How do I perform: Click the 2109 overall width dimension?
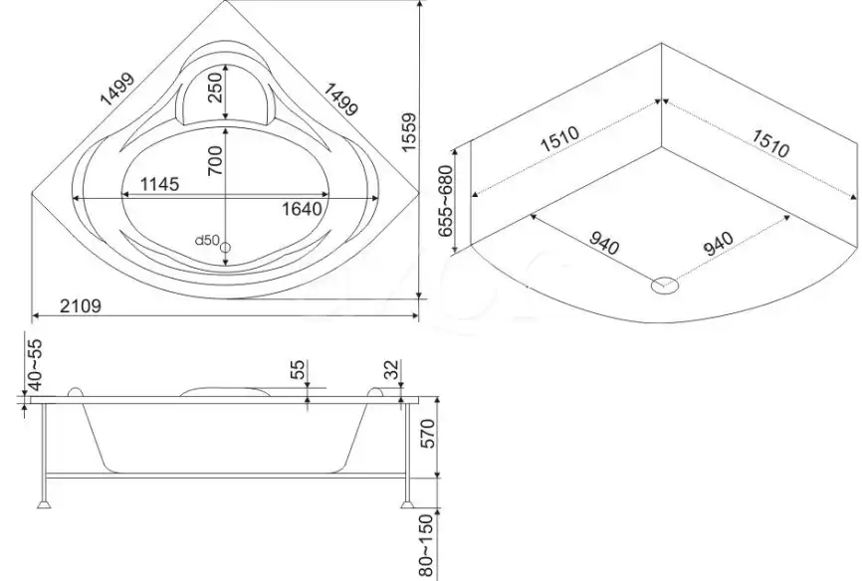pyautogui.click(x=81, y=305)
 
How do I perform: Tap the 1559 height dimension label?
pyautogui.click(x=411, y=132)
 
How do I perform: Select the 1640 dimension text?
pyautogui.click(x=302, y=209)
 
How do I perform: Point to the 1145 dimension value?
pyautogui.click(x=159, y=184)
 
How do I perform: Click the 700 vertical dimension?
pyautogui.click(x=215, y=160)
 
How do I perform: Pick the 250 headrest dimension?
pyautogui.click(x=215, y=88)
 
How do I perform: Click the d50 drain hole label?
pyautogui.click(x=208, y=240)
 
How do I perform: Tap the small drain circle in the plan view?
pyautogui.click(x=225, y=248)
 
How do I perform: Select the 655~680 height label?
pyautogui.click(x=446, y=201)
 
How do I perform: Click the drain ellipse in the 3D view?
pyautogui.click(x=665, y=285)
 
